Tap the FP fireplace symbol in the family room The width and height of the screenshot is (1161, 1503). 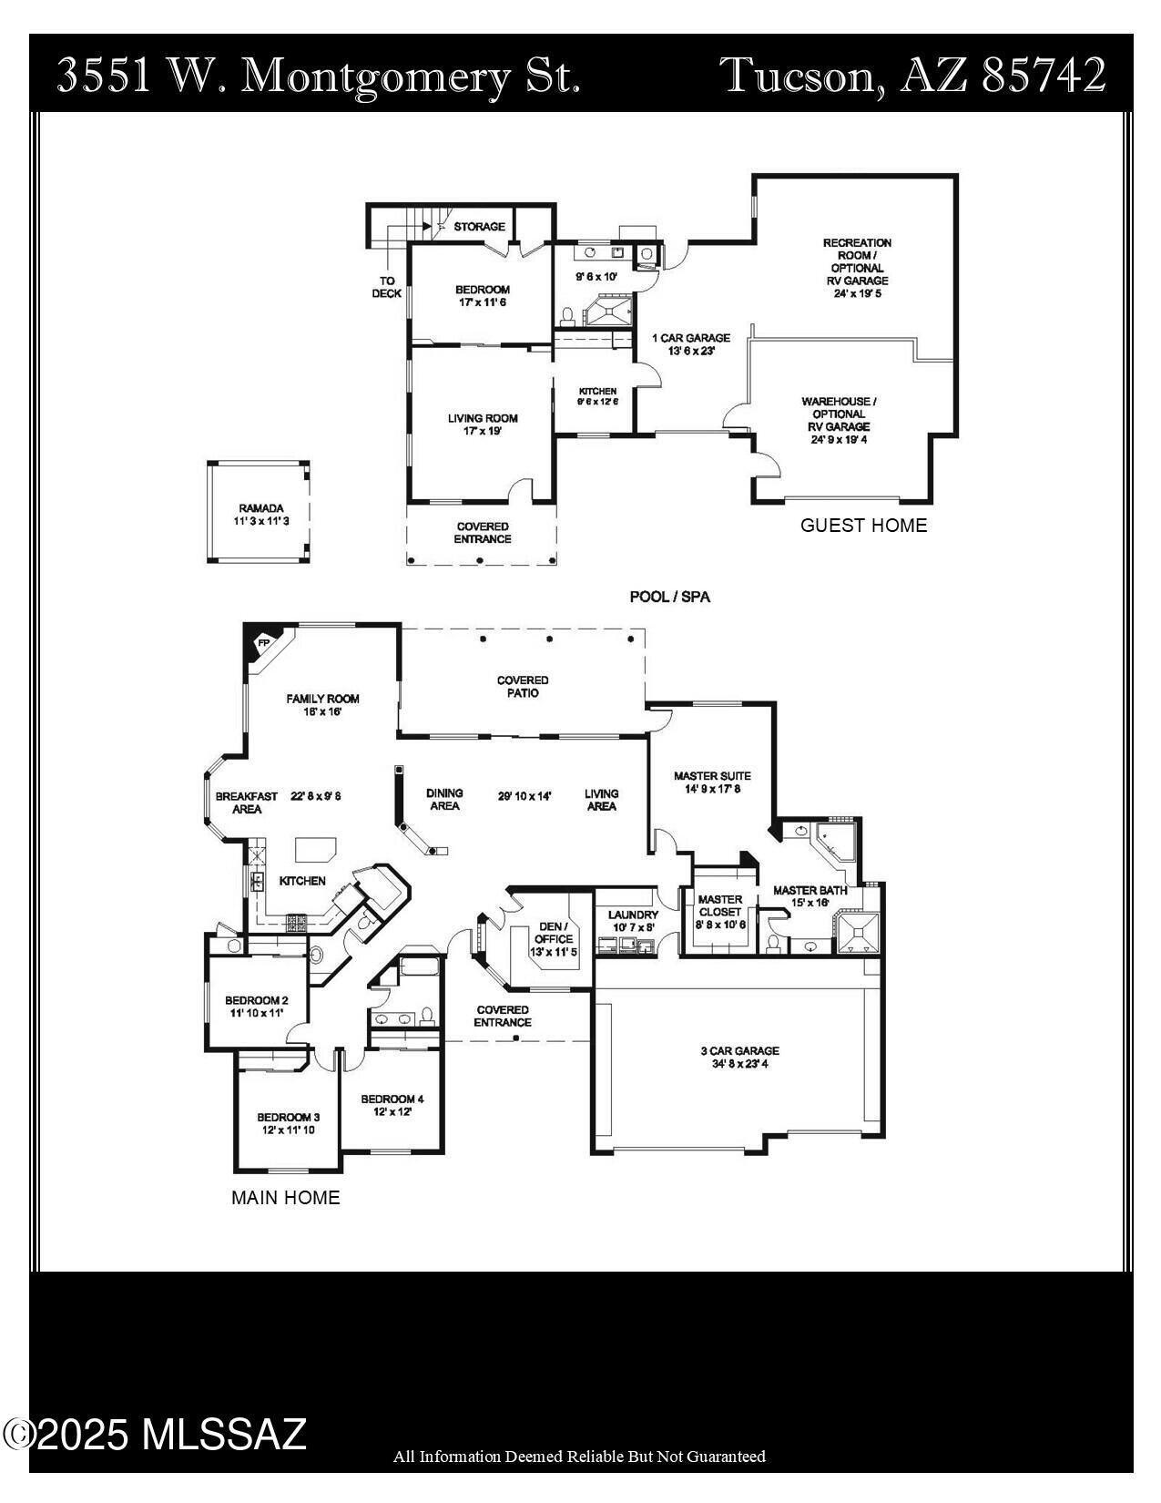pyautogui.click(x=264, y=642)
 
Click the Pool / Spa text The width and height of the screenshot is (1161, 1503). pyautogui.click(x=669, y=597)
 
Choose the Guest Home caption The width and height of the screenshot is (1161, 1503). pyautogui.click(x=863, y=526)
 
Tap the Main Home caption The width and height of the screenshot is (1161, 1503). pyautogui.click(x=285, y=1198)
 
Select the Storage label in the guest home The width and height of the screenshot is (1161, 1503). pyautogui.click(x=479, y=226)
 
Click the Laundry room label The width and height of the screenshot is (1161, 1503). pyautogui.click(x=633, y=915)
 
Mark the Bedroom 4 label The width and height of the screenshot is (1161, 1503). pyautogui.click(x=392, y=1099)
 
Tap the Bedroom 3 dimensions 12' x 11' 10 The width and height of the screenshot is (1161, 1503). pyautogui.click(x=288, y=1130)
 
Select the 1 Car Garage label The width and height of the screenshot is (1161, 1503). pyautogui.click(x=691, y=338)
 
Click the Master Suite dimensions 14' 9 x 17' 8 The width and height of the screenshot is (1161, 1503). pyautogui.click(x=712, y=789)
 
